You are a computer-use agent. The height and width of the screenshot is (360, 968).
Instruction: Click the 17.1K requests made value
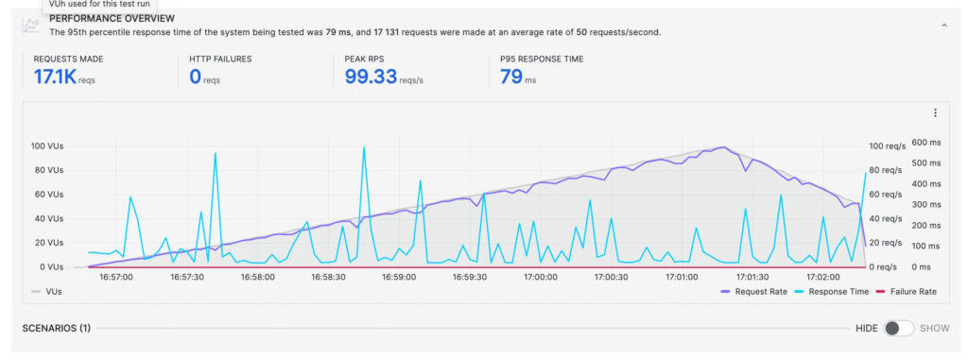click(x=56, y=77)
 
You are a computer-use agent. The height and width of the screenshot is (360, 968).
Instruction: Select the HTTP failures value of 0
click(x=196, y=77)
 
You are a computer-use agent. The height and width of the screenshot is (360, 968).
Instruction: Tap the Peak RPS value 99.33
click(x=370, y=77)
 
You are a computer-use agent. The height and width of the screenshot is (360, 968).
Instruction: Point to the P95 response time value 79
click(x=510, y=77)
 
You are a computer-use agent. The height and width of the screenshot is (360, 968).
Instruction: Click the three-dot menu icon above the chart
click(x=935, y=113)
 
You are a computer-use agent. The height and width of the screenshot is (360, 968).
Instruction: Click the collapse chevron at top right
click(x=942, y=26)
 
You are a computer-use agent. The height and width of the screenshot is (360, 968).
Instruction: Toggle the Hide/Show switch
click(x=898, y=328)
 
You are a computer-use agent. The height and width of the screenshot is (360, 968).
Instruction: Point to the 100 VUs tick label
click(x=46, y=146)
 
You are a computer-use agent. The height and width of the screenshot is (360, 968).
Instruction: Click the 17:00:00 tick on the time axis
click(x=540, y=278)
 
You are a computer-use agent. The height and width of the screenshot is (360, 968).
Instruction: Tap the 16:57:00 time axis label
click(x=116, y=278)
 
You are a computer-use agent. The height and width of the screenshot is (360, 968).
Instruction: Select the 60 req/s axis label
click(x=887, y=195)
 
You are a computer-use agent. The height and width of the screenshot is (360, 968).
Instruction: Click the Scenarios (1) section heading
click(x=56, y=328)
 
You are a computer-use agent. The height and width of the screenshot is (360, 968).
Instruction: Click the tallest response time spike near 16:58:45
click(x=364, y=148)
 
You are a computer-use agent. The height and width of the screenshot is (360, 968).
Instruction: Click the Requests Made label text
click(x=68, y=59)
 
